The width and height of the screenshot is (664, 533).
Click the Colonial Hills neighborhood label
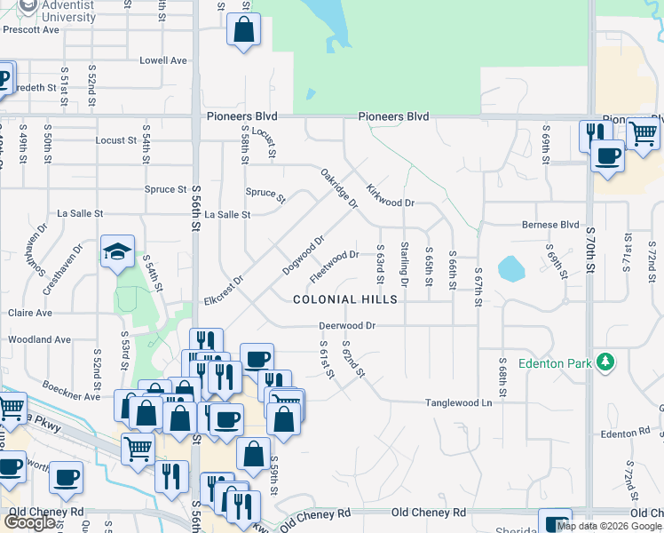[346, 299]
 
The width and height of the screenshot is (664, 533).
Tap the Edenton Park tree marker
[605, 362]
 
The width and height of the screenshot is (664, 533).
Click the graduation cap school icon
[117, 252]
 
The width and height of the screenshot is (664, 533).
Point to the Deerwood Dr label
[348, 326]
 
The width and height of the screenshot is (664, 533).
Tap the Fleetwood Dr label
[334, 266]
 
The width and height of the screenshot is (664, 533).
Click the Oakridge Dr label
[338, 189]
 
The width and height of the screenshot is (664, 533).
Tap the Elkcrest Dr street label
[223, 290]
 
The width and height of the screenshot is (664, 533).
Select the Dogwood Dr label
[304, 254]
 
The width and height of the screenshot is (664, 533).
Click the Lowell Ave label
[163, 60]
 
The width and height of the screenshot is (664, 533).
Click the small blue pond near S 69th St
[510, 267]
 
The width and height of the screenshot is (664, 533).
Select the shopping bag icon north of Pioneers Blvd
[243, 30]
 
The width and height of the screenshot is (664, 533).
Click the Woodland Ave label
[39, 339]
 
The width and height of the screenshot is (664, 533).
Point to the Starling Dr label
[404, 264]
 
